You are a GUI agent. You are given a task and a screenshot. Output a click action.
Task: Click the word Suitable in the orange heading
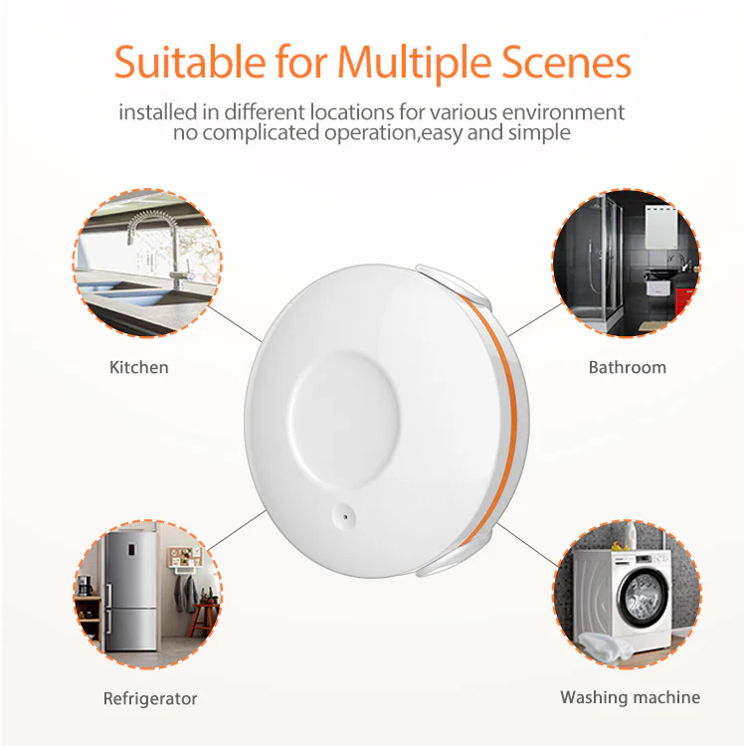pos(184,62)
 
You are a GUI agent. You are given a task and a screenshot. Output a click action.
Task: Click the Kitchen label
pos(139,367)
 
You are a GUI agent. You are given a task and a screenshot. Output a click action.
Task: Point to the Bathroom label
pos(627,367)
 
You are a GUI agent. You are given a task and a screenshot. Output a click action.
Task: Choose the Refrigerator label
pos(150,698)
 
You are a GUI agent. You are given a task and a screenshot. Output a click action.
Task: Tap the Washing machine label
pos(630,697)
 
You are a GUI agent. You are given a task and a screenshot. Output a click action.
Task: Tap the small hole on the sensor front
pos(341,514)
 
